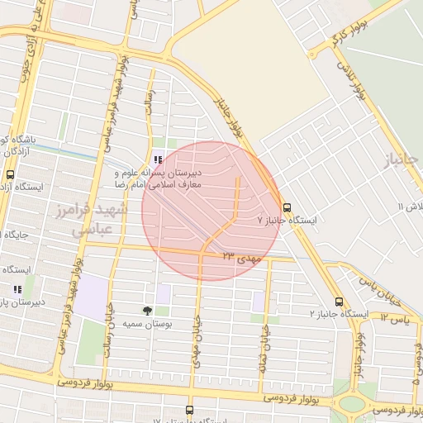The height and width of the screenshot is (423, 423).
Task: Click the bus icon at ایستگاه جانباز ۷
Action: tap(287, 207)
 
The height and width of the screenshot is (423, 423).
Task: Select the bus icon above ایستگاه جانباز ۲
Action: tap(339, 302)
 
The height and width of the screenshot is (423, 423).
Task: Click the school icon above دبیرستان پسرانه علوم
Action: tap(157, 160)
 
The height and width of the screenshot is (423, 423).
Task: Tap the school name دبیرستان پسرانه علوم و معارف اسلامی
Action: tap(168, 181)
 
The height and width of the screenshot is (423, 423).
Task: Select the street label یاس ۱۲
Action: tap(394, 317)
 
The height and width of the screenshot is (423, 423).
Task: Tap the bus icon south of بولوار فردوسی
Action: tap(190, 409)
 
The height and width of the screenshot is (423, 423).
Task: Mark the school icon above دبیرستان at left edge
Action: tap(17, 288)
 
